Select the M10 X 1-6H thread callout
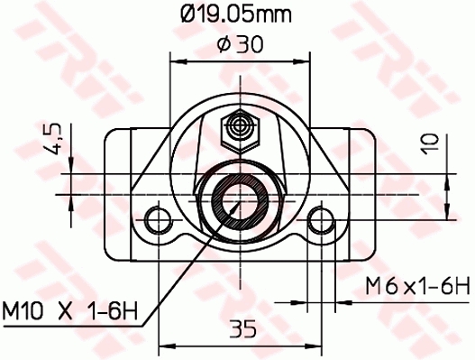pyautogui.click(x=69, y=313)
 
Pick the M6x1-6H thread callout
pyautogui.click(x=417, y=287)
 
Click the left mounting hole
pyautogui.click(x=160, y=219)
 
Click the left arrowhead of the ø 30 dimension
pyautogui.click(x=177, y=61)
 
